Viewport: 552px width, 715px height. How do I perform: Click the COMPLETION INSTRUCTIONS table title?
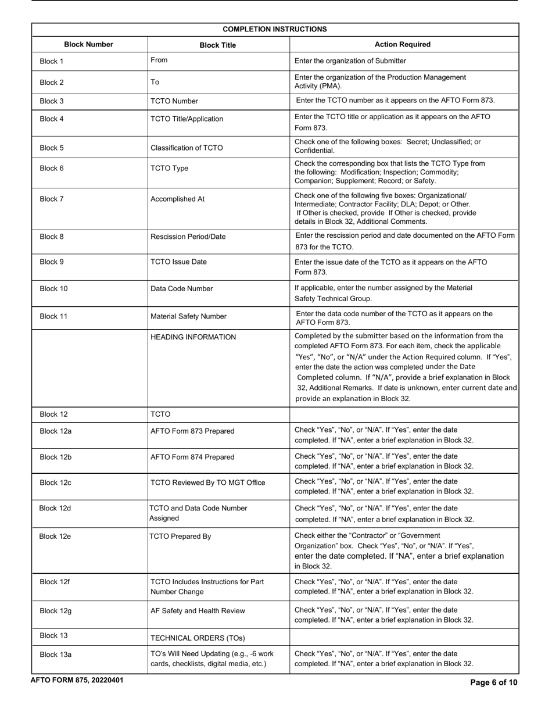(274, 29)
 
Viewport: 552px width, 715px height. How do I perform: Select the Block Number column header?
(88, 44)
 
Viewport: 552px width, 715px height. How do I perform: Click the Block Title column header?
(217, 45)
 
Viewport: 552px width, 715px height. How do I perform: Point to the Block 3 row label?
(52, 101)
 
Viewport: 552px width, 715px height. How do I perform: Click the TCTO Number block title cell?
(174, 101)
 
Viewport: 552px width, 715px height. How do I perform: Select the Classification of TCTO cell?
(186, 148)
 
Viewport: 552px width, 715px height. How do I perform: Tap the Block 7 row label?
(52, 199)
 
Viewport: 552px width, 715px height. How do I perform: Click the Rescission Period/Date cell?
(188, 237)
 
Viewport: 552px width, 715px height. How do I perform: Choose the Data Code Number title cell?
(181, 288)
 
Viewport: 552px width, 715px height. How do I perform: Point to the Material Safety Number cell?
(188, 316)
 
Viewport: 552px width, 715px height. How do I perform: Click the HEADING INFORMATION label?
(193, 337)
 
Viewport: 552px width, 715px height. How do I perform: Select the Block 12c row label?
(55, 482)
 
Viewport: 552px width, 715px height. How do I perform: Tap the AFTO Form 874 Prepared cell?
(192, 457)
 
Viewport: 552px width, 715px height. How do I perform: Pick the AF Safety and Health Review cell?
(198, 610)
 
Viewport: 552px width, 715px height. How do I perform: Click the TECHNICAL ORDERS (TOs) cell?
(198, 638)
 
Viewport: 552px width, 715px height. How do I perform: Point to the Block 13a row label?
(55, 655)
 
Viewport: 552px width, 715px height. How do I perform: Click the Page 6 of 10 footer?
(493, 682)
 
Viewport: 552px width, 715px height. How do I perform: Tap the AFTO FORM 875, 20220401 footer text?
(77, 680)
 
